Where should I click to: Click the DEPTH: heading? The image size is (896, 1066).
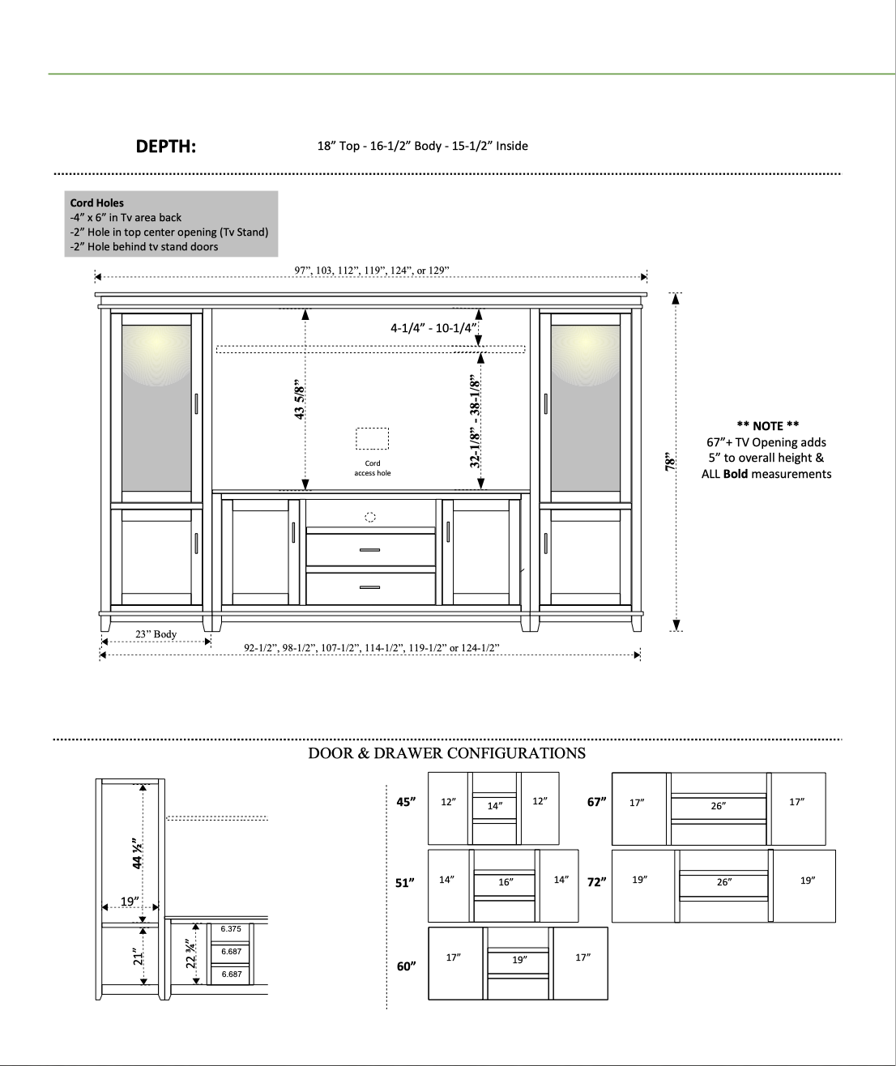(165, 147)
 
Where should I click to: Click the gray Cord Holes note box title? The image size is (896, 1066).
(96, 203)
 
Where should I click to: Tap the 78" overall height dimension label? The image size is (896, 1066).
(670, 463)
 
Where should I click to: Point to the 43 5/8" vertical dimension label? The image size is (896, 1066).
(300, 399)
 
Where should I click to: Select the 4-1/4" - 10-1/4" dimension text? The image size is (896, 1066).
(433, 328)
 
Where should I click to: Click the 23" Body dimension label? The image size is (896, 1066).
(156, 633)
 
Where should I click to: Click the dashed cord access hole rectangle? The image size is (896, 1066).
(372, 438)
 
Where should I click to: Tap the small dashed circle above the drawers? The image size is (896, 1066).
(370, 517)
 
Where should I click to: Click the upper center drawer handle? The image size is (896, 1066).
(369, 550)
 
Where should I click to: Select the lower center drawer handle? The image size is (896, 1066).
(369, 587)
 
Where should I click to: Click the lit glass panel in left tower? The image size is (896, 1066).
(156, 407)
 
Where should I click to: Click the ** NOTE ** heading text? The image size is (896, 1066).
(766, 426)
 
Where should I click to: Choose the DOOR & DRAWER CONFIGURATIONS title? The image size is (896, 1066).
(446, 753)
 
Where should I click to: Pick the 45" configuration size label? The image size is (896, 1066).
(406, 802)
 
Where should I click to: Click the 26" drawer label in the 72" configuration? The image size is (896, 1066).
(723, 882)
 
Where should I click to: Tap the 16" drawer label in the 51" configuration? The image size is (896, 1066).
(506, 882)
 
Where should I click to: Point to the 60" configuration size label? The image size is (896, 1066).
(406, 966)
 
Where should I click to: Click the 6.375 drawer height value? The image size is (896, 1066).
(231, 929)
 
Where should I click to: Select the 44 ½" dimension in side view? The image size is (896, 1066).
(138, 853)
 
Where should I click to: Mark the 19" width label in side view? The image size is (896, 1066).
(130, 901)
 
